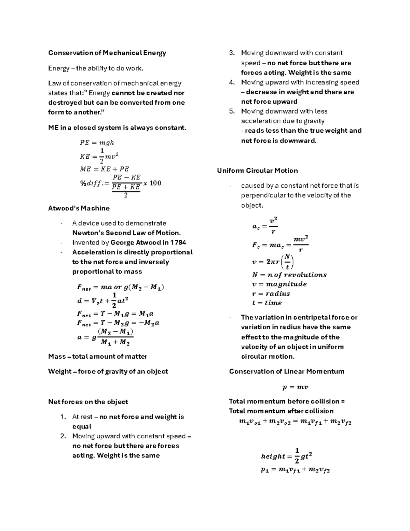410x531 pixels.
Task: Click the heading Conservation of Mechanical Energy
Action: tap(107, 53)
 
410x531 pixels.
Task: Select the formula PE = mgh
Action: tap(97, 143)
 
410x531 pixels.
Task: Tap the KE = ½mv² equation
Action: tap(99, 156)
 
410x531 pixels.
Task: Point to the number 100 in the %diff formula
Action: tap(155, 183)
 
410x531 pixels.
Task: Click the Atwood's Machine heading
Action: tap(79, 208)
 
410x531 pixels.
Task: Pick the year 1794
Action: tap(178, 243)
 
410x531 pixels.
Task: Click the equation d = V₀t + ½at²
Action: tap(102, 301)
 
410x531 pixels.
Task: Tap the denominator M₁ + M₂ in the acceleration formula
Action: tap(115, 342)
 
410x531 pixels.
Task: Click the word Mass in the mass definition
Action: tap(57, 357)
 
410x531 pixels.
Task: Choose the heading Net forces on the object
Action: tap(88, 402)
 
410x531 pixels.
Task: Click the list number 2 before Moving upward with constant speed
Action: tap(63, 436)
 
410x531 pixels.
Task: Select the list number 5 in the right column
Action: tap(232, 111)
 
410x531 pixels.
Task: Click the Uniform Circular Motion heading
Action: tap(257, 171)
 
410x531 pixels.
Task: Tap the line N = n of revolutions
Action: tap(289, 275)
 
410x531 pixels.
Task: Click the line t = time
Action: tap(266, 303)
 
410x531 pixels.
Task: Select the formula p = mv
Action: tap(295, 387)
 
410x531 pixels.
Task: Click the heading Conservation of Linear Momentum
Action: tap(286, 372)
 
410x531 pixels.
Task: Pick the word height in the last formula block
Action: tap(273, 456)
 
